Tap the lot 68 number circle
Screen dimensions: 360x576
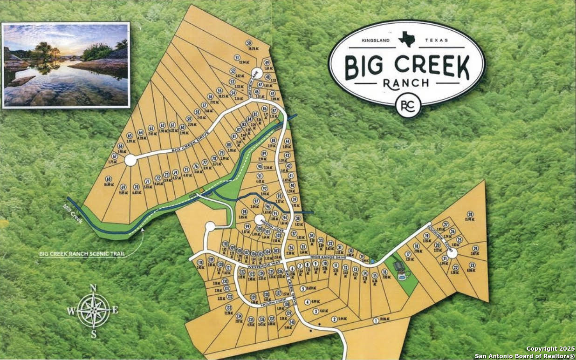109,179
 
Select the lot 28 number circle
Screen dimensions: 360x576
470,214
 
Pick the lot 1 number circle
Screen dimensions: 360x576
376,320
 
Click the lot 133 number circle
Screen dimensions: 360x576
229,308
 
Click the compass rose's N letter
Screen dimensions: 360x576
93,288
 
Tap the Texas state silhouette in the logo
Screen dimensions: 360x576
407,39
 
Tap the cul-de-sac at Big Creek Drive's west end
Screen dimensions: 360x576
130,160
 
